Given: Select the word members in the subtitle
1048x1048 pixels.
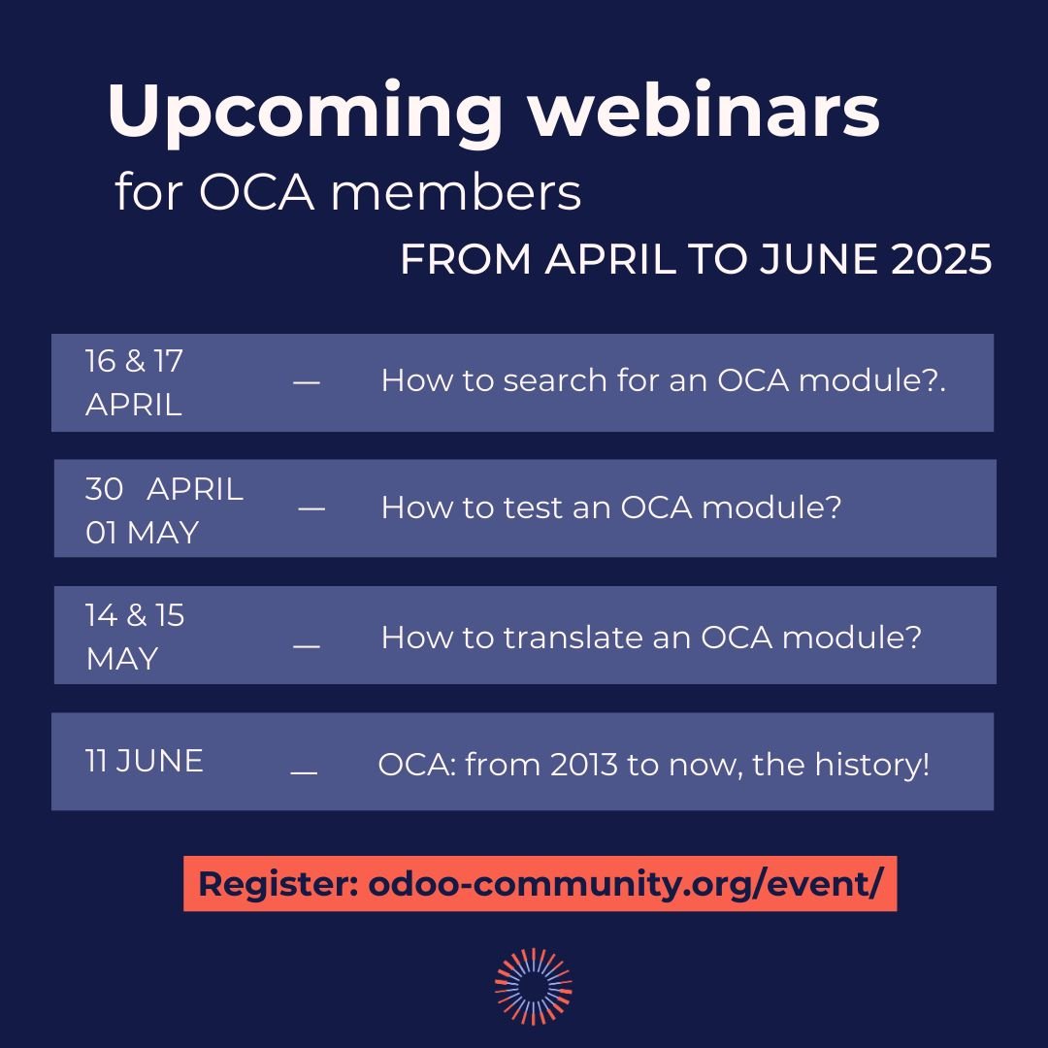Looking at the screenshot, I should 455,192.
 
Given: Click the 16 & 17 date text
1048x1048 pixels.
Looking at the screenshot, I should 134,361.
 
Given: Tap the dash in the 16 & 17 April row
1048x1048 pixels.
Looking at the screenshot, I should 306,382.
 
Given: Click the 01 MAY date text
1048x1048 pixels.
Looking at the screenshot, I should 142,532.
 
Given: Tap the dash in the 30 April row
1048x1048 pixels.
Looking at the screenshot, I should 311,509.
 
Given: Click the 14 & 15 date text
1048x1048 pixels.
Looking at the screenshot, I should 135,615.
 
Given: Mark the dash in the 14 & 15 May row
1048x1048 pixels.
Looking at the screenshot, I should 306,645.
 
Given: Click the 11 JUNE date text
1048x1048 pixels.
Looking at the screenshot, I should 145,761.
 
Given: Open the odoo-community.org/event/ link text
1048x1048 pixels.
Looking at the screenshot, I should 626,884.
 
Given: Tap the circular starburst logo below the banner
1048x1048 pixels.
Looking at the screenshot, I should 533,986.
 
